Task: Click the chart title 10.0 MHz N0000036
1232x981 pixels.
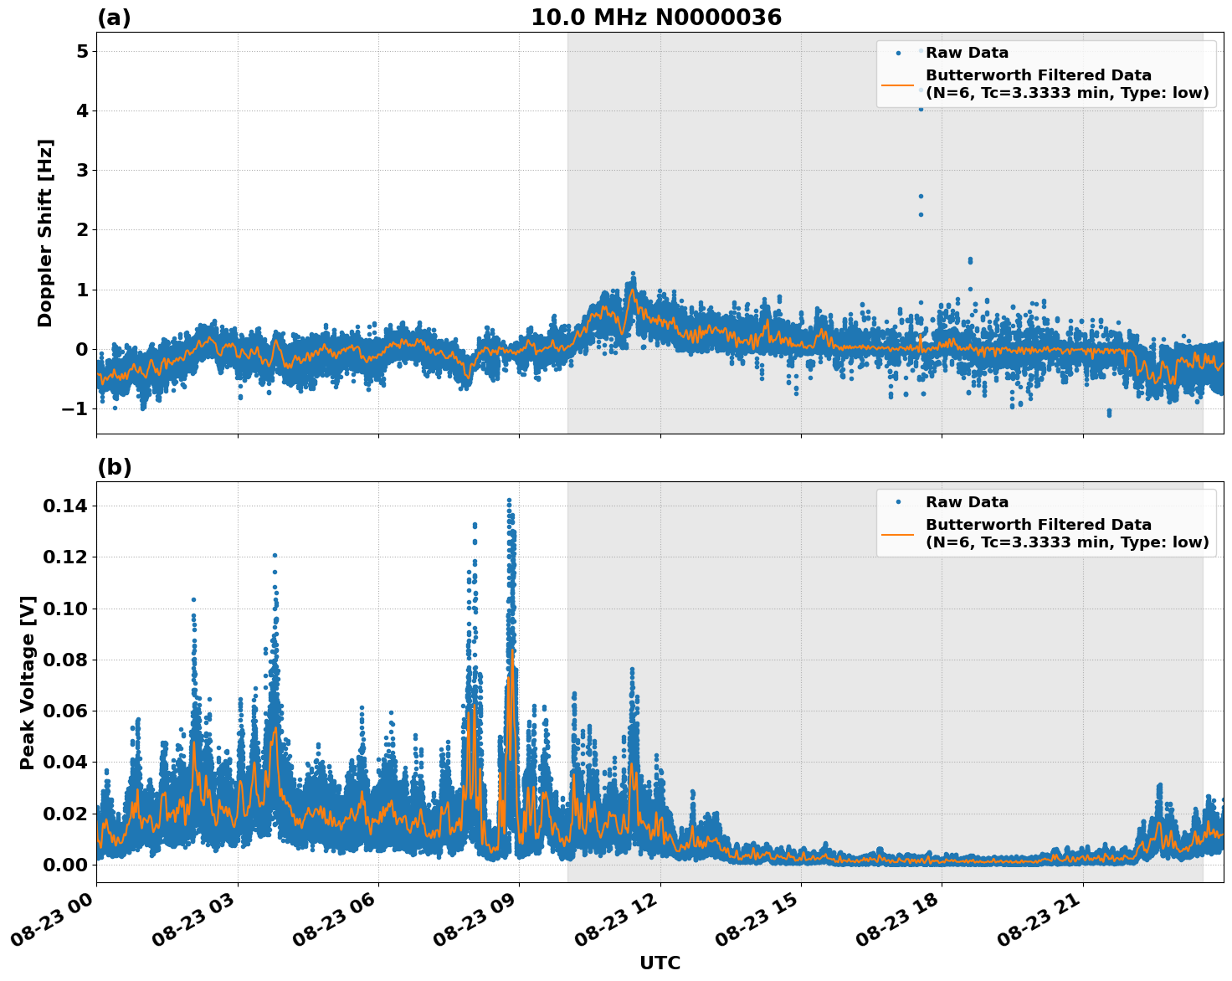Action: point(655,18)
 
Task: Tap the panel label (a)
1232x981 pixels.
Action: point(114,18)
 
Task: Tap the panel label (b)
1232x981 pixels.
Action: point(114,467)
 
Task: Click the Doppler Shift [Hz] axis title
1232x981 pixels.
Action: point(45,233)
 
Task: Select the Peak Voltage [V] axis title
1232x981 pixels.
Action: point(28,682)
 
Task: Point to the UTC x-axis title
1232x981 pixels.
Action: point(660,963)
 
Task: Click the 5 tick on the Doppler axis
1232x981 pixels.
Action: point(82,51)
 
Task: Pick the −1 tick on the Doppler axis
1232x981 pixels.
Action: point(76,408)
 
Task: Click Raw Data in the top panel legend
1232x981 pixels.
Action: point(967,53)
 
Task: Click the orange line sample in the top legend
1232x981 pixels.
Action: point(897,85)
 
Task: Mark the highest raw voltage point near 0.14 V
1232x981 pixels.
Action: point(509,501)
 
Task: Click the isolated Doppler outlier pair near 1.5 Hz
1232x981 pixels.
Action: point(970,261)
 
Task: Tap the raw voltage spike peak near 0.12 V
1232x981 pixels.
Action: point(275,555)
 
